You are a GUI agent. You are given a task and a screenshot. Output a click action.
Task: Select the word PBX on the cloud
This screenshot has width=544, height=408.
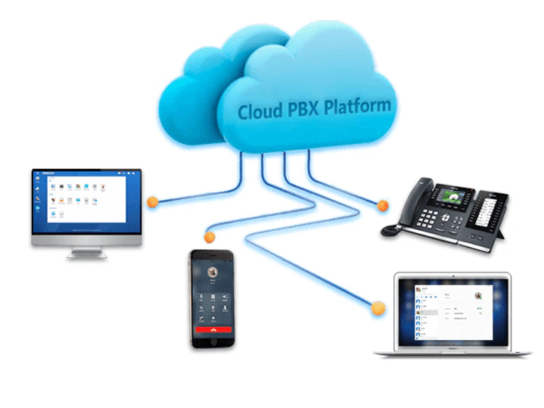305,109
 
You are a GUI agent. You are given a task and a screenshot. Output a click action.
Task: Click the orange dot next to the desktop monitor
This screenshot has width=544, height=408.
152,202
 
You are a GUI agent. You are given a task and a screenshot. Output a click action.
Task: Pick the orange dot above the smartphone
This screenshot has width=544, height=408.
210,238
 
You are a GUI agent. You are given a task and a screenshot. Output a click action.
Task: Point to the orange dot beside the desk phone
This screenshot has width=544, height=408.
383,204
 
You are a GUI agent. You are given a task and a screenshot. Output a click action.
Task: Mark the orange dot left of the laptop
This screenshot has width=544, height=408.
373,307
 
